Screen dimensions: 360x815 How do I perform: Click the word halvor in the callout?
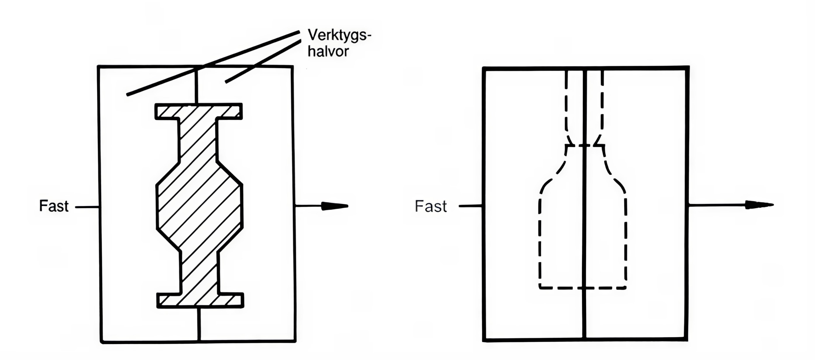pos(328,52)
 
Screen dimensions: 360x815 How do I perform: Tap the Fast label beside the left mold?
pos(53,206)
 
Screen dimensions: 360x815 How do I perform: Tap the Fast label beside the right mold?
pos(430,207)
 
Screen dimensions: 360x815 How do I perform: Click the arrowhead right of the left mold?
pos(334,206)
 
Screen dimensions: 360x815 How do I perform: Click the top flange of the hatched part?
pos(199,111)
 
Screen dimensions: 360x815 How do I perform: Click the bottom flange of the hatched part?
pos(200,300)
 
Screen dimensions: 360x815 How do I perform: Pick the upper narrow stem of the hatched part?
pos(198,140)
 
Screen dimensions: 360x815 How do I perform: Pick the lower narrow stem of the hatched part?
pos(200,271)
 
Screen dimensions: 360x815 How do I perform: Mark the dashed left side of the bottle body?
pos(540,242)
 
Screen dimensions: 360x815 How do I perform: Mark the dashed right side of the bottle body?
pos(626,242)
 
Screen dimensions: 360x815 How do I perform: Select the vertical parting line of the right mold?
pos(585,223)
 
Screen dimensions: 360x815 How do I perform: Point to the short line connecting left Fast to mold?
pos(87,207)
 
